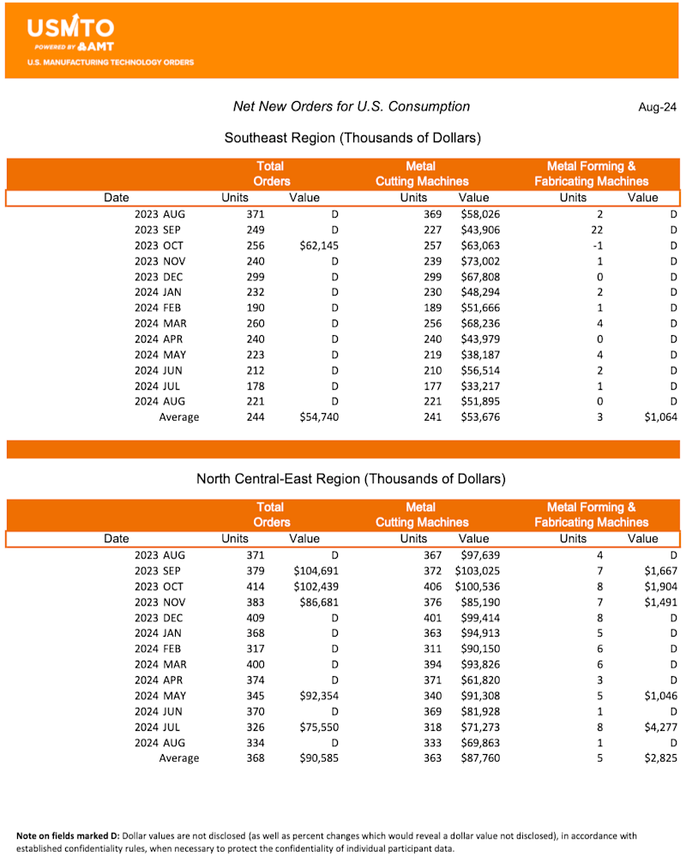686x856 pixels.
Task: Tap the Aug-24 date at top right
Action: click(x=657, y=107)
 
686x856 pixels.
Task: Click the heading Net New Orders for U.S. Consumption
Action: click(x=352, y=106)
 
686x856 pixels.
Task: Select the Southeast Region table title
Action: click(x=352, y=137)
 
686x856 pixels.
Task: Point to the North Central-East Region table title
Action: click(x=352, y=478)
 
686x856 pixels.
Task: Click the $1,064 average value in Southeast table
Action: click(x=659, y=417)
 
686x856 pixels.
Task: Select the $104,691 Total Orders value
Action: click(x=316, y=571)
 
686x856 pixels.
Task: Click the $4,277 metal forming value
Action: click(x=659, y=727)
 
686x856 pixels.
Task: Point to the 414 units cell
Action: click(x=254, y=586)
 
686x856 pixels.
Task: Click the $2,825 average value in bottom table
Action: click(x=659, y=757)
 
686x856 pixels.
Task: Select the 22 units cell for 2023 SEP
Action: click(x=597, y=230)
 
